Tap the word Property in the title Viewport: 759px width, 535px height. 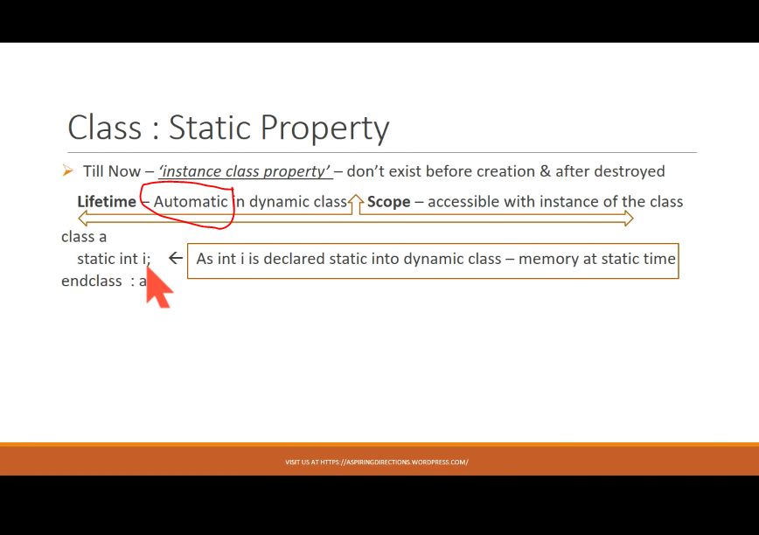point(324,129)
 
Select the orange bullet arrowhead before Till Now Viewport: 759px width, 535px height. point(67,170)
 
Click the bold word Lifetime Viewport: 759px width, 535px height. point(107,202)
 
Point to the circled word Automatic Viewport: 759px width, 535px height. point(191,202)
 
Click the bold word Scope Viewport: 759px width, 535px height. point(389,202)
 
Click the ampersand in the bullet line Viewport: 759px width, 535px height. point(545,171)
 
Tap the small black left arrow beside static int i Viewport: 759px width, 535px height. point(175,258)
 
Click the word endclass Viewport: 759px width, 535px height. point(92,281)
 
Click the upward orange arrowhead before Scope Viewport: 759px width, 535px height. point(356,199)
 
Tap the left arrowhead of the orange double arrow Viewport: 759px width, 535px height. point(83,219)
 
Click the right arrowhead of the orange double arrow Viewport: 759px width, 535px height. point(629,219)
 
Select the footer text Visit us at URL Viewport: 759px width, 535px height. point(377,462)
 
